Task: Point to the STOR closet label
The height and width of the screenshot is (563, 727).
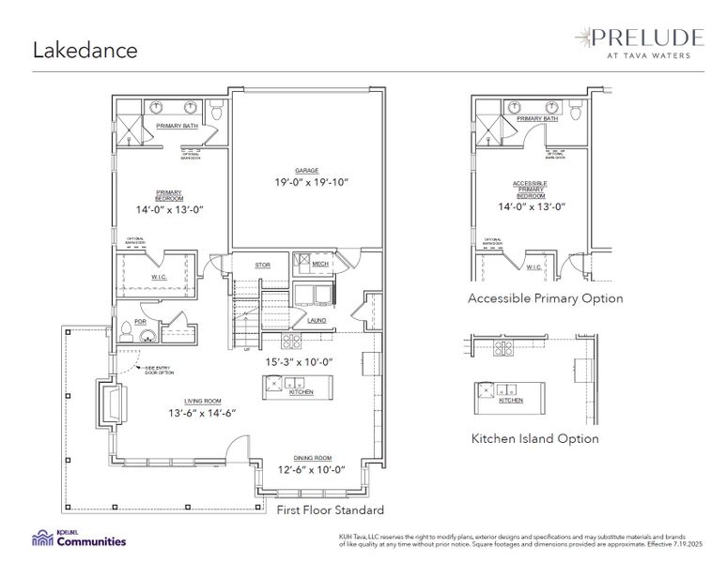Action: (263, 266)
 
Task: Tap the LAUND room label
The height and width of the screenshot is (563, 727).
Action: (317, 320)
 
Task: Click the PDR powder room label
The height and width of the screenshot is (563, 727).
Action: (140, 320)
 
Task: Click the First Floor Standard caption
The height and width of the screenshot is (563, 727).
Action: (330, 510)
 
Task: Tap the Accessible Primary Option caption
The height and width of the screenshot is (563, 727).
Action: (545, 298)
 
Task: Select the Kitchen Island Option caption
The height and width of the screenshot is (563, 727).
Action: (534, 438)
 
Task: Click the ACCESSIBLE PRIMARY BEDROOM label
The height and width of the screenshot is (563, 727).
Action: (530, 189)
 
